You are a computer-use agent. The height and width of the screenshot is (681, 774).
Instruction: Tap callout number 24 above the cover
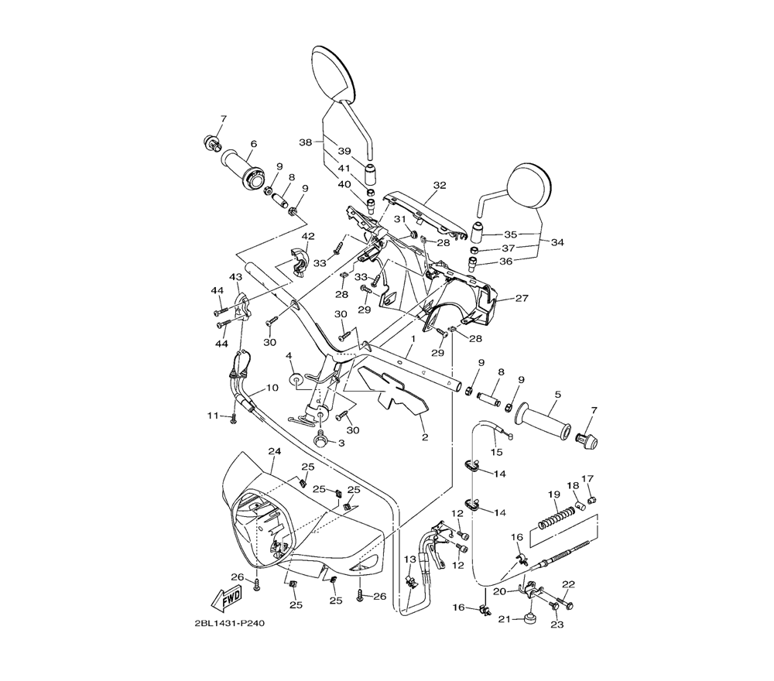(272, 451)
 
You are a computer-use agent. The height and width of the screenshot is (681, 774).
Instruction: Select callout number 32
(440, 186)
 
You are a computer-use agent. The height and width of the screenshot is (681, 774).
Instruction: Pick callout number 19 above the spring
(554, 494)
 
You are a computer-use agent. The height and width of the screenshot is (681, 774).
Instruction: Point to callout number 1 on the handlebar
(414, 339)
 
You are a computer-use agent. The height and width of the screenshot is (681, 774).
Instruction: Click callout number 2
(424, 437)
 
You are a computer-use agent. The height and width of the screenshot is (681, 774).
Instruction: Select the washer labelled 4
(296, 380)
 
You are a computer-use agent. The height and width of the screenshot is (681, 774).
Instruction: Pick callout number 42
(308, 236)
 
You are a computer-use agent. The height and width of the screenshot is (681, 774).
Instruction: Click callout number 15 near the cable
(498, 452)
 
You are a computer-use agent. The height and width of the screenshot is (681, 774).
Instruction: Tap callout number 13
(410, 559)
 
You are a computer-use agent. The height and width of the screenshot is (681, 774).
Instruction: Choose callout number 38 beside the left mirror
(306, 142)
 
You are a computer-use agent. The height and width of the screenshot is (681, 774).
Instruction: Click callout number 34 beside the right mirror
(557, 242)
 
